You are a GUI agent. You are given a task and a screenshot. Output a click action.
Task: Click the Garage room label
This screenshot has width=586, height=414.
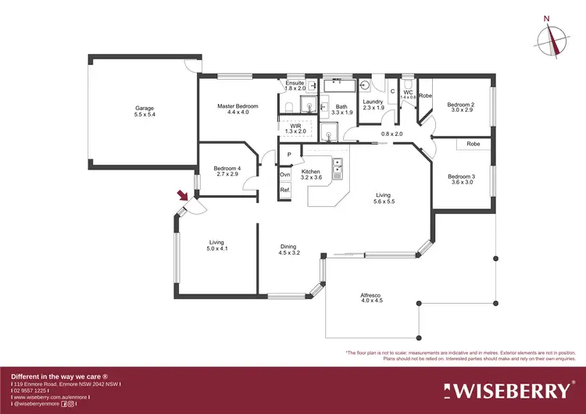pyautogui.click(x=145, y=109)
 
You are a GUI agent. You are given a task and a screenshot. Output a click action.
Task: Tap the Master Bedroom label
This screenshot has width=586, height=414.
pyautogui.click(x=238, y=106)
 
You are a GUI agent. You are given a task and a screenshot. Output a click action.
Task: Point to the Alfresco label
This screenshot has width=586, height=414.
pyautogui.click(x=370, y=294)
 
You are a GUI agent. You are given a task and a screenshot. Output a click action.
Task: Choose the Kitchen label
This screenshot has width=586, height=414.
pyautogui.click(x=312, y=171)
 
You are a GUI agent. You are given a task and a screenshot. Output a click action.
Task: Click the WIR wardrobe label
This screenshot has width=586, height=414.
pyautogui.click(x=295, y=125)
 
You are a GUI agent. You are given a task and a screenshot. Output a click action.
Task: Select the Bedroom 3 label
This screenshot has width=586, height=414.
pyautogui.click(x=460, y=177)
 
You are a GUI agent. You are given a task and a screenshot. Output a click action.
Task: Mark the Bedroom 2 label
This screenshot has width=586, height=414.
pyautogui.click(x=460, y=105)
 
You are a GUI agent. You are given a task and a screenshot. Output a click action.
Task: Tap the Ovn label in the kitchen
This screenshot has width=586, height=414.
pyautogui.click(x=285, y=174)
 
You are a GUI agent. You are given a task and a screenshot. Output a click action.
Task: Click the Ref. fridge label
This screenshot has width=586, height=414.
pyautogui.click(x=285, y=189)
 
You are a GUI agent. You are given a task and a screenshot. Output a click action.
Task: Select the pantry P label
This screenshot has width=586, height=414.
pyautogui.click(x=289, y=155)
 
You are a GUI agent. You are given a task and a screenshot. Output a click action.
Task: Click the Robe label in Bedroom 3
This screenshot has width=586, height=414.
pyautogui.click(x=473, y=144)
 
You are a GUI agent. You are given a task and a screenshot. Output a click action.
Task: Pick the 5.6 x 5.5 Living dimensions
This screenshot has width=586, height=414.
pyautogui.click(x=383, y=202)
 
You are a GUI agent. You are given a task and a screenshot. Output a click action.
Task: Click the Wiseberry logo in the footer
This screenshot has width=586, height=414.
pyautogui.click(x=508, y=389)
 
